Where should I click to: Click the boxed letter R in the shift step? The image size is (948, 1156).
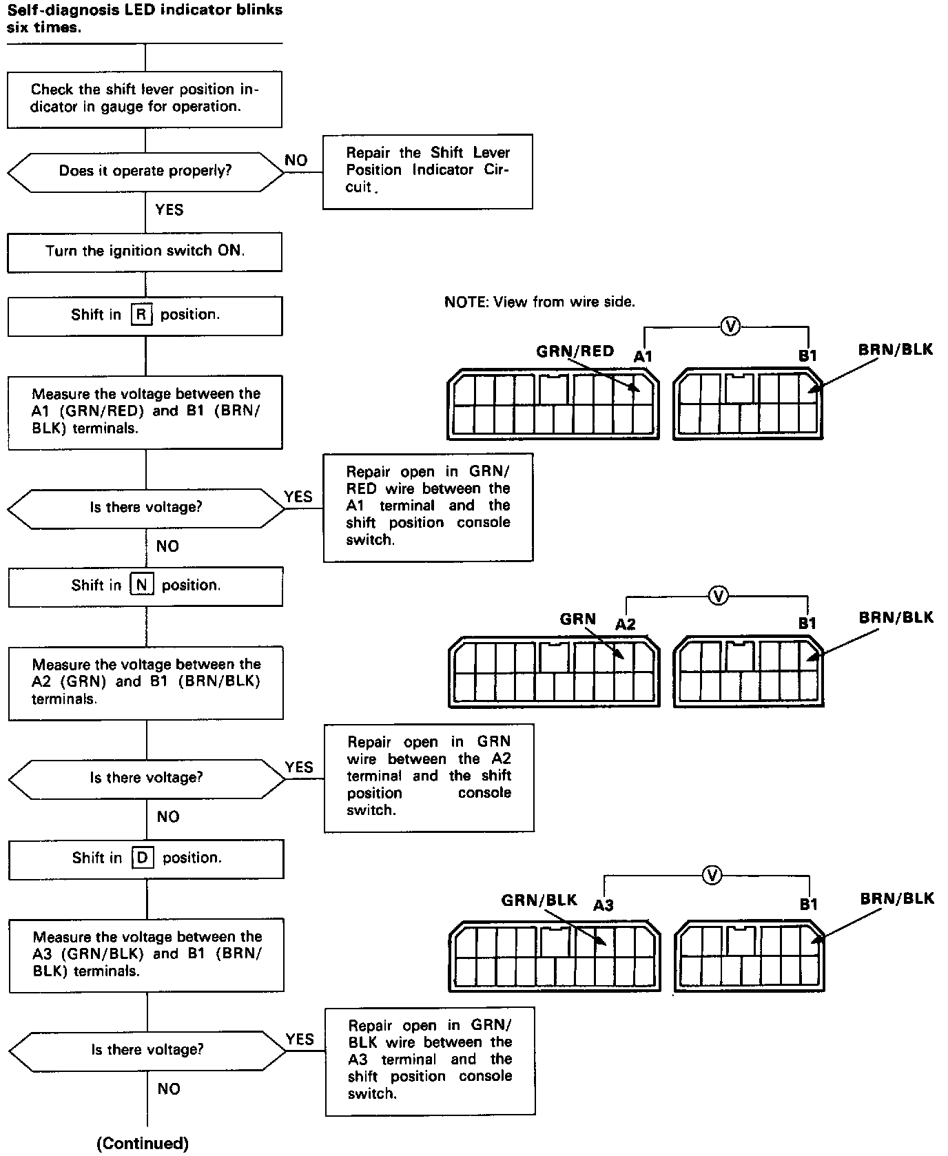141,316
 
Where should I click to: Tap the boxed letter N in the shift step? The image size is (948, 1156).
141,586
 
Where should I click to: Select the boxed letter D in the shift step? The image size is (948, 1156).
142,858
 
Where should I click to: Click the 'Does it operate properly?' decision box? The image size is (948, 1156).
145,172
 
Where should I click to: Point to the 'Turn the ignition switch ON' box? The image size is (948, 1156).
145,251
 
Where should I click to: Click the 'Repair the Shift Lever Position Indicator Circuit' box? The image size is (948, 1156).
427,171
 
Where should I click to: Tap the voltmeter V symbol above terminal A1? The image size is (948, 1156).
730,327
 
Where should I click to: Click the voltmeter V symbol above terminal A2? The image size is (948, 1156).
719,596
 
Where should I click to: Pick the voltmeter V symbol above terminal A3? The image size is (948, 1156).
712,876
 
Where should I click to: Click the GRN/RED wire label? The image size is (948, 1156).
575,351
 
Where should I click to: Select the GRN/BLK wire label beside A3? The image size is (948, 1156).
539,900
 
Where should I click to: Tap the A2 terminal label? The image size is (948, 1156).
625,624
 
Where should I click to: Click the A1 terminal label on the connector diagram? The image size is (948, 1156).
643,356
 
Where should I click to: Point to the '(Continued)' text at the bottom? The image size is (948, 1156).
143,1144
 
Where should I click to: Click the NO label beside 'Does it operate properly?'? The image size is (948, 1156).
296,161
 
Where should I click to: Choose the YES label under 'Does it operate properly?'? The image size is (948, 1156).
169,210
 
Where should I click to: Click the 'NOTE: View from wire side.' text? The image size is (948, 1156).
539,302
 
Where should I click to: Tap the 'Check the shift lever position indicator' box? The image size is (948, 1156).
145,99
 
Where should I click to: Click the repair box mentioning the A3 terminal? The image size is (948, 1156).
430,1061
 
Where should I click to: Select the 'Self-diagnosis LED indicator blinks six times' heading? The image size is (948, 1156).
145,19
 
